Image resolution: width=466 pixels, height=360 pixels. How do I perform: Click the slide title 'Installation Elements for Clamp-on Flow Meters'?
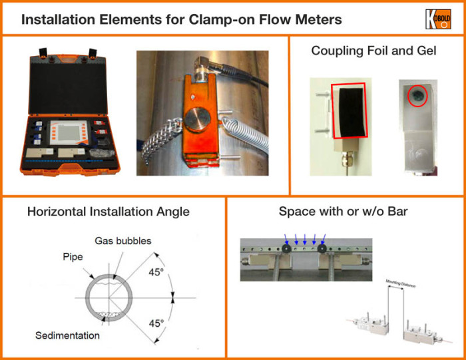pyautogui.click(x=181, y=19)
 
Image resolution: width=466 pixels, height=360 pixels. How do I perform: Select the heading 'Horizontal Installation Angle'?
pyautogui.click(x=109, y=212)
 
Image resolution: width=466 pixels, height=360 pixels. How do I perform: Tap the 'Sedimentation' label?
pyautogui.click(x=67, y=335)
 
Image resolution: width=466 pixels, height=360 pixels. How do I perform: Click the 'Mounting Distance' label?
pyautogui.click(x=402, y=283)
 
